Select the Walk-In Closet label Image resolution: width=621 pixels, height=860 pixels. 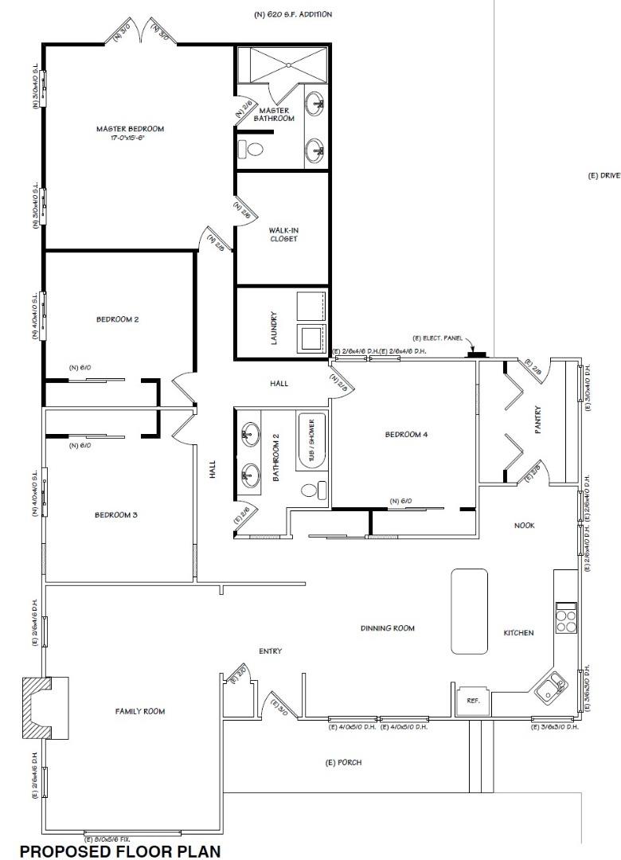pos(283,234)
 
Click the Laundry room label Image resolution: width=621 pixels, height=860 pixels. pos(273,327)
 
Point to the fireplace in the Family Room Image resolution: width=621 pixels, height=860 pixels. pos(36,708)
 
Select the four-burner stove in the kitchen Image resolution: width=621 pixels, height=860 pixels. pos(565,619)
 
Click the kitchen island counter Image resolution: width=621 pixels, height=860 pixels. pos(468,611)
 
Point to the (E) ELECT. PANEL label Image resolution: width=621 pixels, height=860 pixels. pos(437,339)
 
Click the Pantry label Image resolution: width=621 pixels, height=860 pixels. pos(538,428)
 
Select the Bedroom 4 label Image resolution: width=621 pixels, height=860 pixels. pos(406,435)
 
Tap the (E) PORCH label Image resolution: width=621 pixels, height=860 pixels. pos(344,762)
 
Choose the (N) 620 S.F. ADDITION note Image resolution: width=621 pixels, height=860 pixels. pos(292,14)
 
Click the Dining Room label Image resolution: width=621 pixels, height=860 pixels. pos(388,628)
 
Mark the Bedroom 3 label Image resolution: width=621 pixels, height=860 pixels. pos(116,514)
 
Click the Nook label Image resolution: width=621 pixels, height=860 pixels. pos(524,526)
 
